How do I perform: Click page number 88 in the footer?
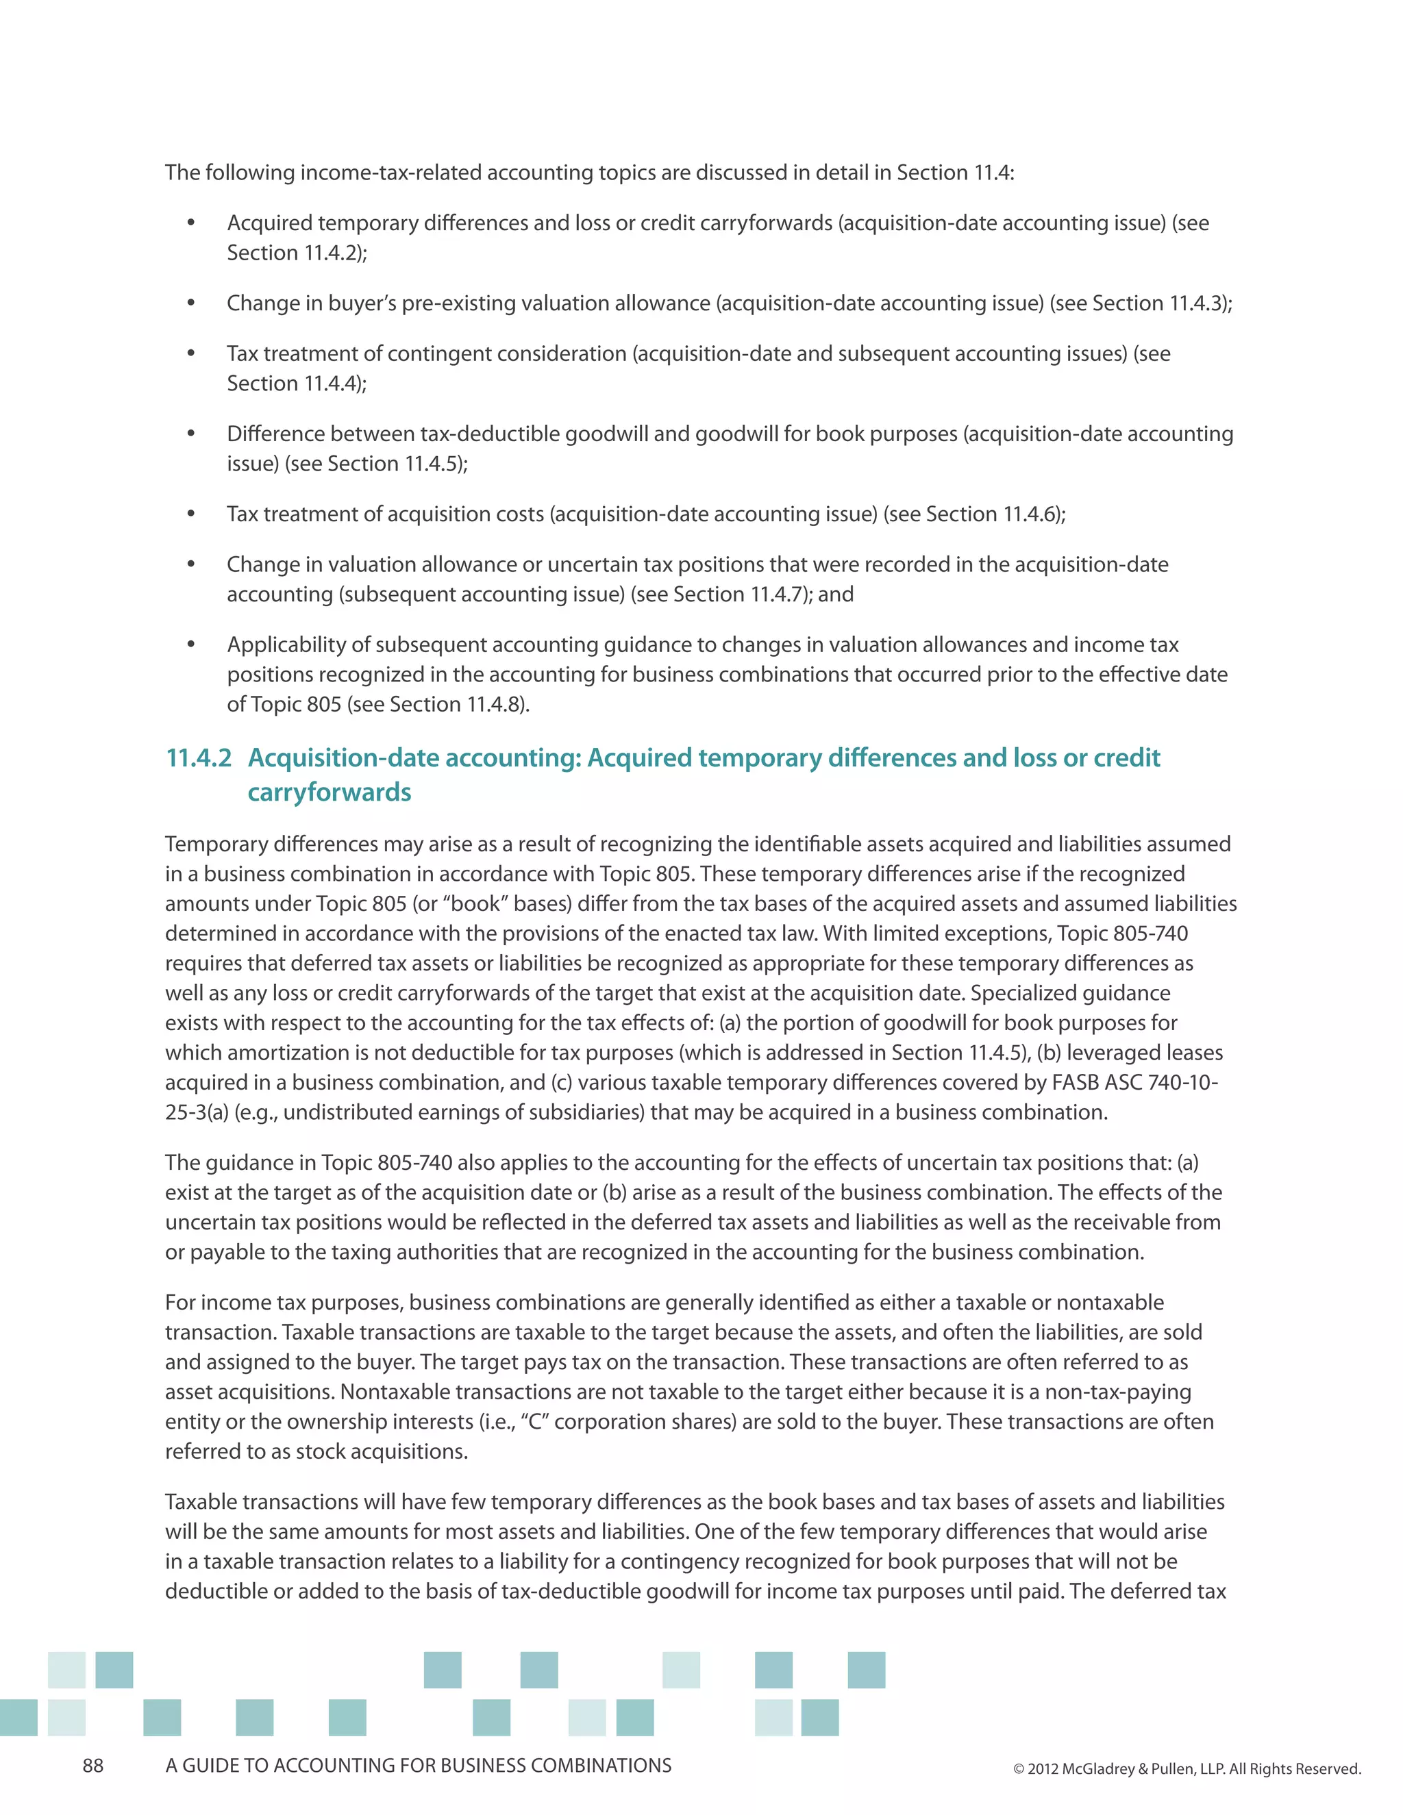93,1766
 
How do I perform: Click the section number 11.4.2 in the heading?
199,758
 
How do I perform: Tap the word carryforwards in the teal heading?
329,792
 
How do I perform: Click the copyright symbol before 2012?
1019,1769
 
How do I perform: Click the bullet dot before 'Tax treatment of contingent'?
191,354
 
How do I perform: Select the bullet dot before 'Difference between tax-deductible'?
191,434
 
